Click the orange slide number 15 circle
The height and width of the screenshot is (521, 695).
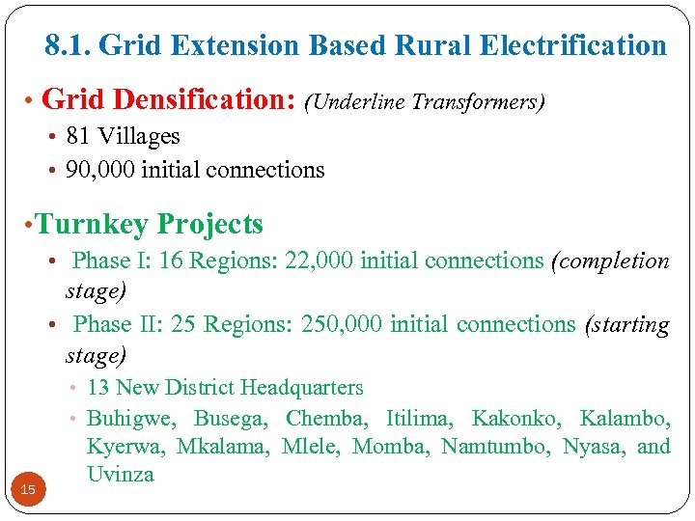(28, 490)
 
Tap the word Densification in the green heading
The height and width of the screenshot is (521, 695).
(202, 98)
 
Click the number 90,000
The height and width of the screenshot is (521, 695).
(100, 170)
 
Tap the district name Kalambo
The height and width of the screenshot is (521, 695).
(625, 419)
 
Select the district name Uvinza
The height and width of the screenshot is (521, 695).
(120, 474)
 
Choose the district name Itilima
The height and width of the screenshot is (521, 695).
(417, 419)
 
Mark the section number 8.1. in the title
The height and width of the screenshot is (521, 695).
(68, 45)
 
